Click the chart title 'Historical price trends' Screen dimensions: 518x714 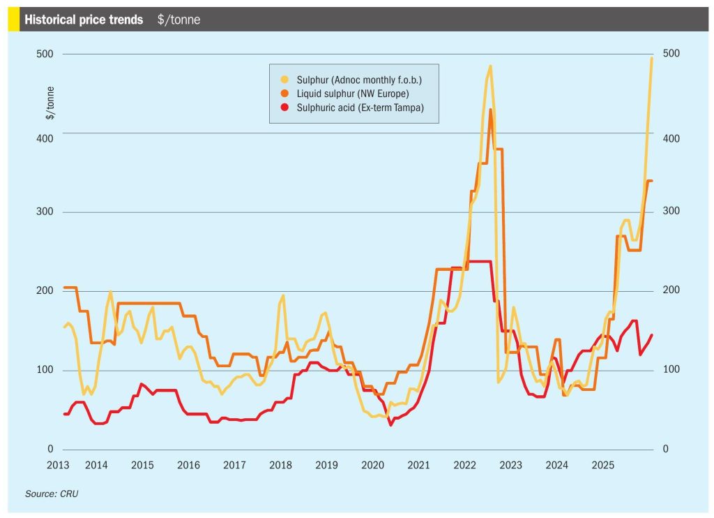(84, 20)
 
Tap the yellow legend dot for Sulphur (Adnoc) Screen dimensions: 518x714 (284, 80)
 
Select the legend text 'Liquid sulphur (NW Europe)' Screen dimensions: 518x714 (352, 94)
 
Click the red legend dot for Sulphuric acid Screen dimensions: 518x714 (284, 108)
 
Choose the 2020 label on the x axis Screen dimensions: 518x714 (372, 465)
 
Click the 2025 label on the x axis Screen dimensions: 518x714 (602, 465)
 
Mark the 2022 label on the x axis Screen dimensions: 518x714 (464, 465)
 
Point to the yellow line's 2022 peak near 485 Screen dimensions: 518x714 (490, 66)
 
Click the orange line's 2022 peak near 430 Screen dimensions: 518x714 (491, 110)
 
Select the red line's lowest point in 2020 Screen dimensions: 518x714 (391, 424)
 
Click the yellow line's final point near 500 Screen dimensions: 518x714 (652, 58)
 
